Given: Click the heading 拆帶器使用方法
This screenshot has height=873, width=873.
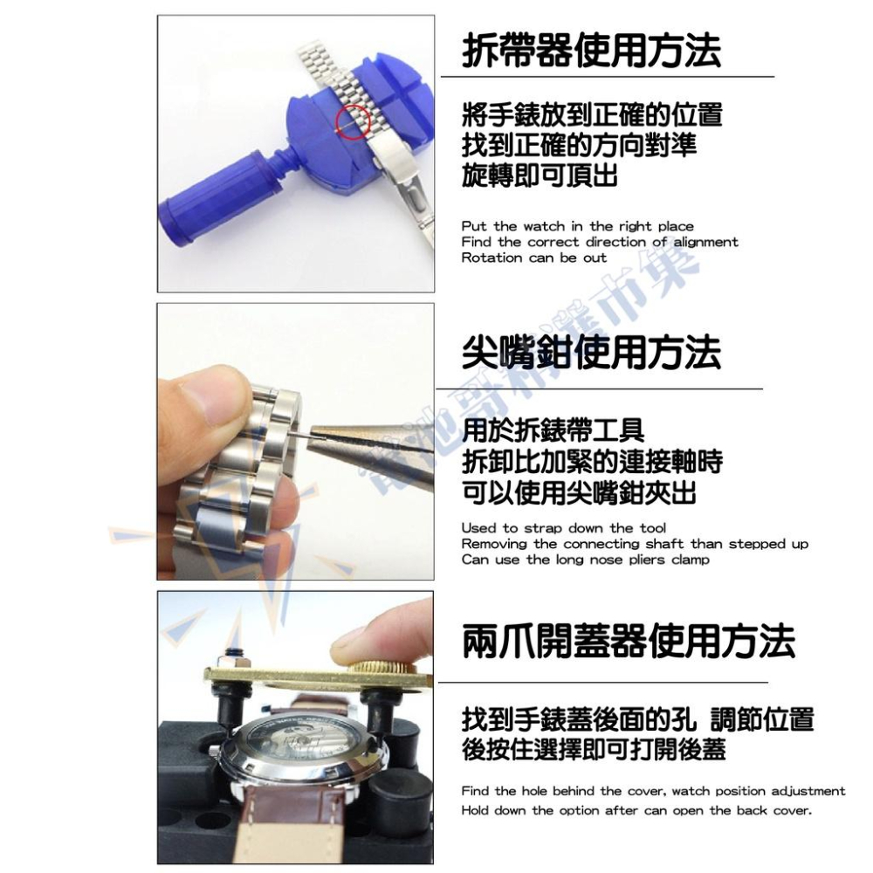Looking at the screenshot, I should pos(592,51).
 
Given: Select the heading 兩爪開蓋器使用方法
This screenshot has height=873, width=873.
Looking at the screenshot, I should pos(629,641).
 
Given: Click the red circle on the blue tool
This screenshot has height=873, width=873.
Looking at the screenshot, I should pos(354,120).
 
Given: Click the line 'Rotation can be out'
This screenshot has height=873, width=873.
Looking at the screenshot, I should pos(533,258).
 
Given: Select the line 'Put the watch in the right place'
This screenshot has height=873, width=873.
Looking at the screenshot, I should pos(577,226).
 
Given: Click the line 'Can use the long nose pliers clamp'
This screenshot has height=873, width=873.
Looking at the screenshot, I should pos(585,560).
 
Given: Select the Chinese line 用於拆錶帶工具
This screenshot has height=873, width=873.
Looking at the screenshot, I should pos(553,430).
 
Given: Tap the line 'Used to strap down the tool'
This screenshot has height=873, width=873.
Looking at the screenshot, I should pos(563,528).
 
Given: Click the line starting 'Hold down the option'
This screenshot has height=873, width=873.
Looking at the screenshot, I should pos(636,810).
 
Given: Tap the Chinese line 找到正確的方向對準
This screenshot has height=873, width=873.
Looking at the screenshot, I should pos(579,144).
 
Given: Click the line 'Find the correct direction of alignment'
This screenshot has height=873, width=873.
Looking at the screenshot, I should pos(600,242).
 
